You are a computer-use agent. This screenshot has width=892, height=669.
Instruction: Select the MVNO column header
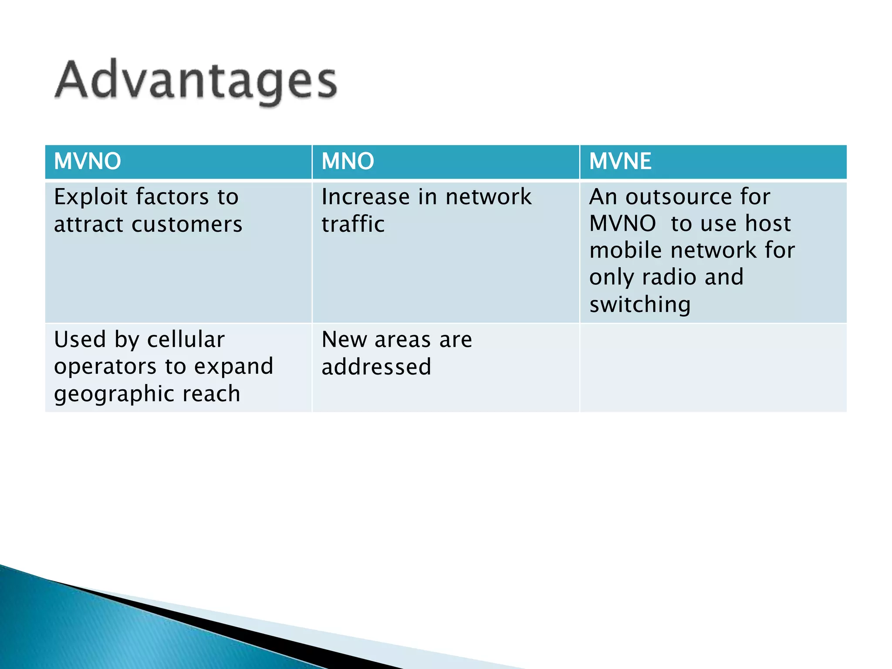tap(88, 161)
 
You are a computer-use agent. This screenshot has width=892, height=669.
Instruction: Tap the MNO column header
tap(348, 161)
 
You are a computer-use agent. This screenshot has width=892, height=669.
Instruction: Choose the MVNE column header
tap(620, 161)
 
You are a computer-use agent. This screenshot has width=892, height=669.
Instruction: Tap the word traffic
tap(353, 225)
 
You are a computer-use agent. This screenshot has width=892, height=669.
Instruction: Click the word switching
tap(640, 304)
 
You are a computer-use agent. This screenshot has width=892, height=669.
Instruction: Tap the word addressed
tap(376, 367)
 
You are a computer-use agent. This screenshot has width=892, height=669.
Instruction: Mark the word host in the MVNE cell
tap(768, 224)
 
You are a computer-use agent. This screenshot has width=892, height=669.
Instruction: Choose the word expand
tap(233, 367)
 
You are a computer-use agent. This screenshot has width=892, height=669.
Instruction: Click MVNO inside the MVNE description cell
tap(622, 224)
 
